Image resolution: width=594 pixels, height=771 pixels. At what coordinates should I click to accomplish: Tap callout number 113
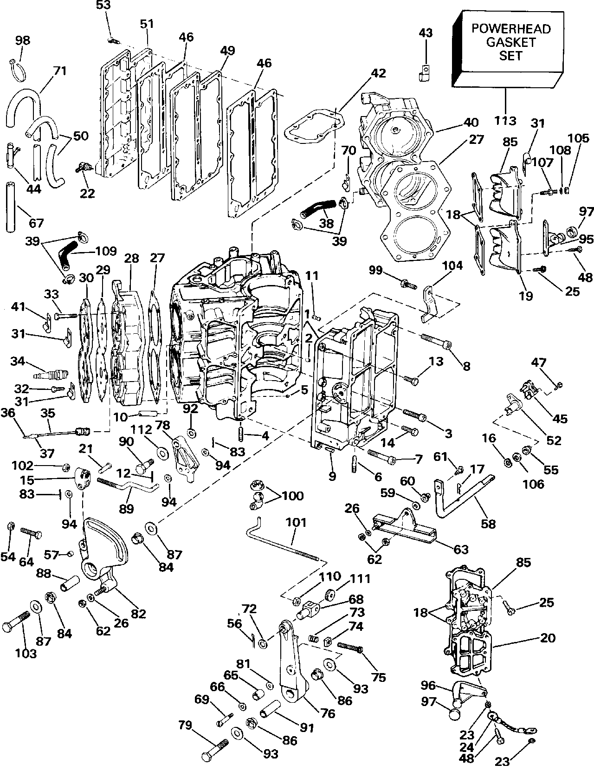[505, 121]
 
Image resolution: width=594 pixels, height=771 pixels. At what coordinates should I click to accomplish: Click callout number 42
[378, 73]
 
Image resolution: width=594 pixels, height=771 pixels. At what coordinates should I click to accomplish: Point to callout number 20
[548, 638]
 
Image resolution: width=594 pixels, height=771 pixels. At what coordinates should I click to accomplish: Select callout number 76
[328, 713]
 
